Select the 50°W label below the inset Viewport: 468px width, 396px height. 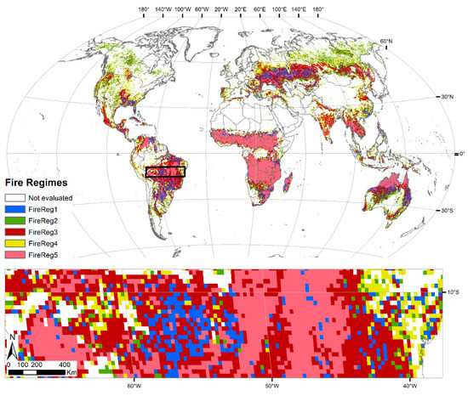tap(271, 386)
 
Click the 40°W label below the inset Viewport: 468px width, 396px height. tap(410, 386)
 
